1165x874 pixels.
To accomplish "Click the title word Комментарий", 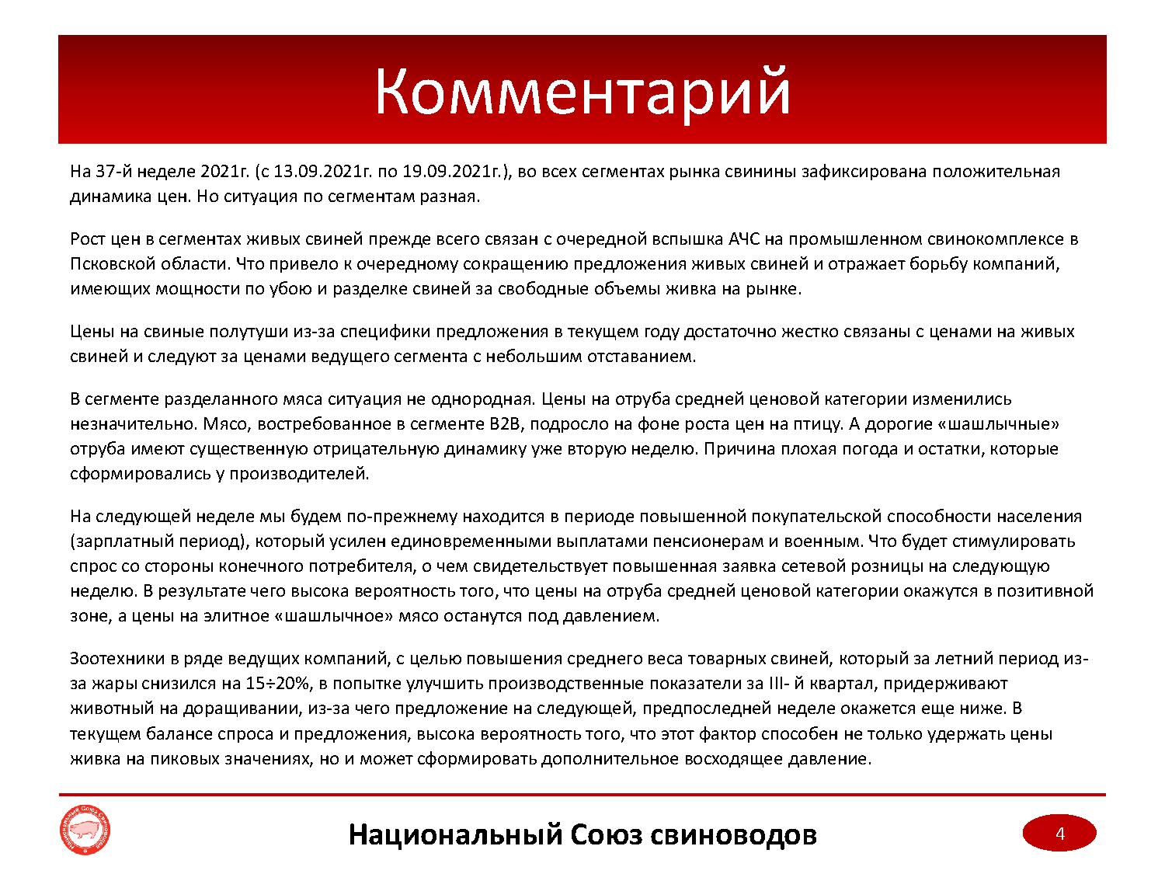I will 582,92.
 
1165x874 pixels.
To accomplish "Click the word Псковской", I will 109,264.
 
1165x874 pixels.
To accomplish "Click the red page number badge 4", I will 1059,834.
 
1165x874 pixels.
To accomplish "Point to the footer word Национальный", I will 454,834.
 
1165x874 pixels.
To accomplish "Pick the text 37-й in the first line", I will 112,172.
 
